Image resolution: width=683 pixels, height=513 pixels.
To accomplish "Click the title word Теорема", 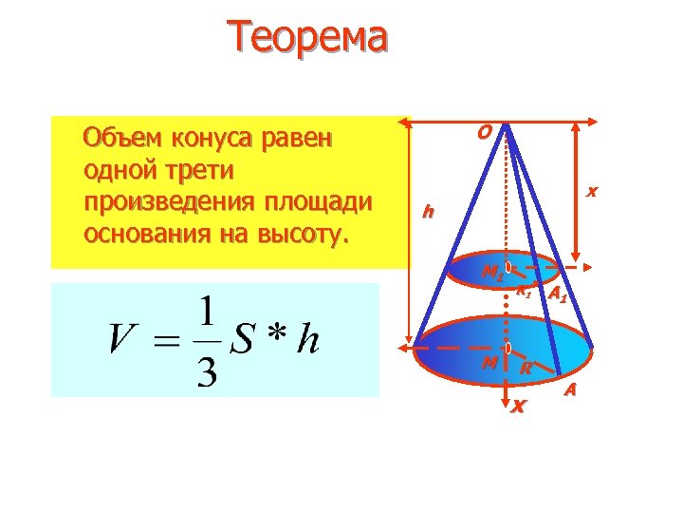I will pos(307,38).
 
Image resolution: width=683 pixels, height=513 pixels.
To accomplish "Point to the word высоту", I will pos(309,234).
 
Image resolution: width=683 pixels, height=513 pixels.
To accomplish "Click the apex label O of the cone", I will pos(484,133).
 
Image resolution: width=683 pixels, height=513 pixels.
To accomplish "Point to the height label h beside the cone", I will pos(429,210).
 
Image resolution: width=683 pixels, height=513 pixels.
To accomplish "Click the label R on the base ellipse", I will pos(525,370).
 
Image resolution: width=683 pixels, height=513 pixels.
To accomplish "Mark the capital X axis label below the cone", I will pos(517,408).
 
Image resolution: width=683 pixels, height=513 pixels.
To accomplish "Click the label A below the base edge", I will pos(570,390).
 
